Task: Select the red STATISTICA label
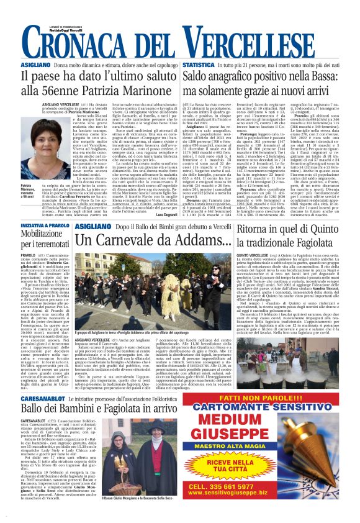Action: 199,65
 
